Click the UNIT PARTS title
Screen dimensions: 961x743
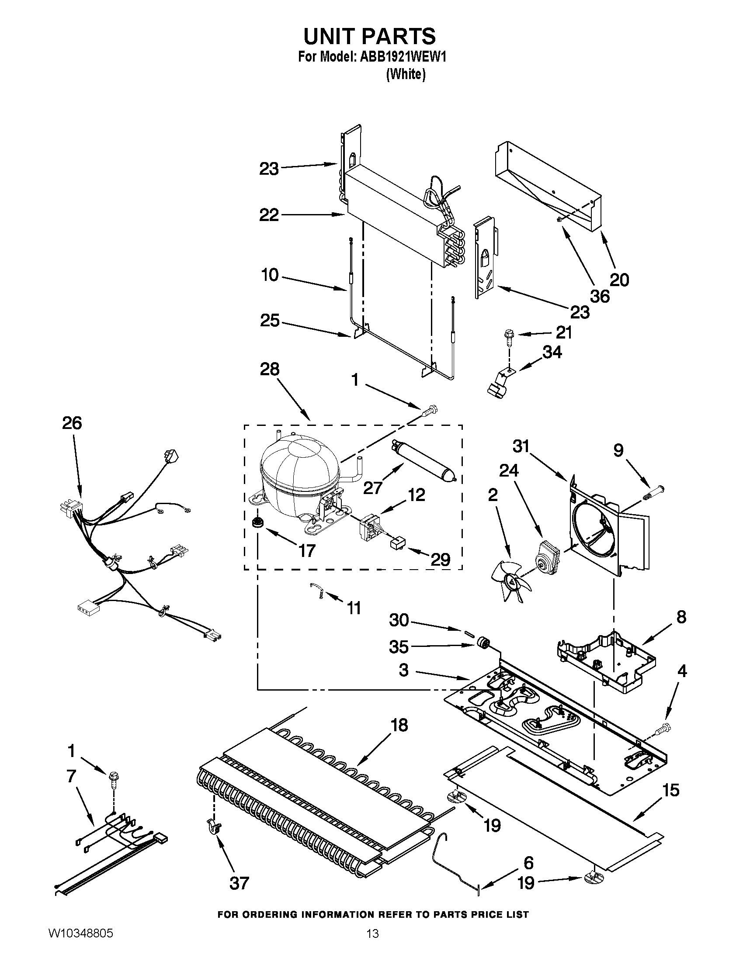[x=369, y=36]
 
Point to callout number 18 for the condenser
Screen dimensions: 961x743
[x=399, y=725]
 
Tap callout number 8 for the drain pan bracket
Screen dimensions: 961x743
[x=681, y=617]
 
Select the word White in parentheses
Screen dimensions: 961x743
[x=406, y=75]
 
